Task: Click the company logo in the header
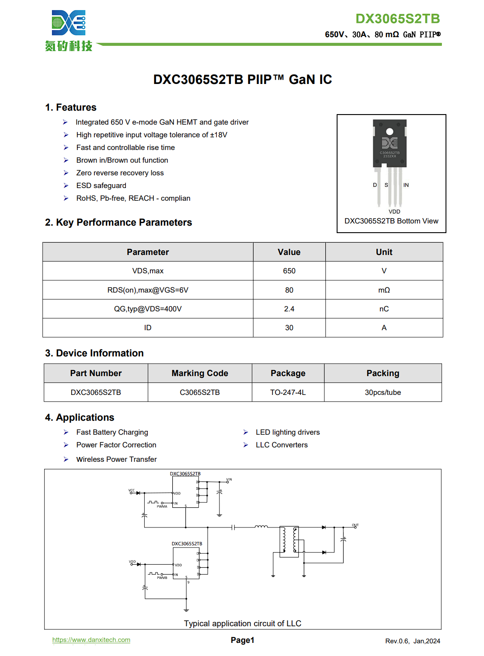pos(69,30)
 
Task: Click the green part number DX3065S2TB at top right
pos(397,19)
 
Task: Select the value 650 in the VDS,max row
pos(289,271)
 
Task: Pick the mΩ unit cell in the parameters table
pos(384,290)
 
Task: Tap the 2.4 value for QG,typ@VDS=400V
pos(289,309)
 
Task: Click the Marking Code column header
pos(200,373)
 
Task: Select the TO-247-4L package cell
pos(288,392)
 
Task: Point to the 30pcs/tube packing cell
pos(383,392)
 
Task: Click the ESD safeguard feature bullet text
pos(101,186)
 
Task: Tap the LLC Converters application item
pos(282,445)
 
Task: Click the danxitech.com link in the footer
pos(91,640)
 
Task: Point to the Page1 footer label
pos(242,640)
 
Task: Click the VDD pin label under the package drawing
pos(394,212)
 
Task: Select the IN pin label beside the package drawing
pos(406,185)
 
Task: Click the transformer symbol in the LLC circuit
pos(289,541)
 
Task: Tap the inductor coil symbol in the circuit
pos(261,527)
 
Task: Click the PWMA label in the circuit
pos(162,506)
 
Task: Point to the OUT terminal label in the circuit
pos(355,525)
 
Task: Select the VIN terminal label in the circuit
pos(229,480)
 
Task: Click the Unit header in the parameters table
pos(384,252)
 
